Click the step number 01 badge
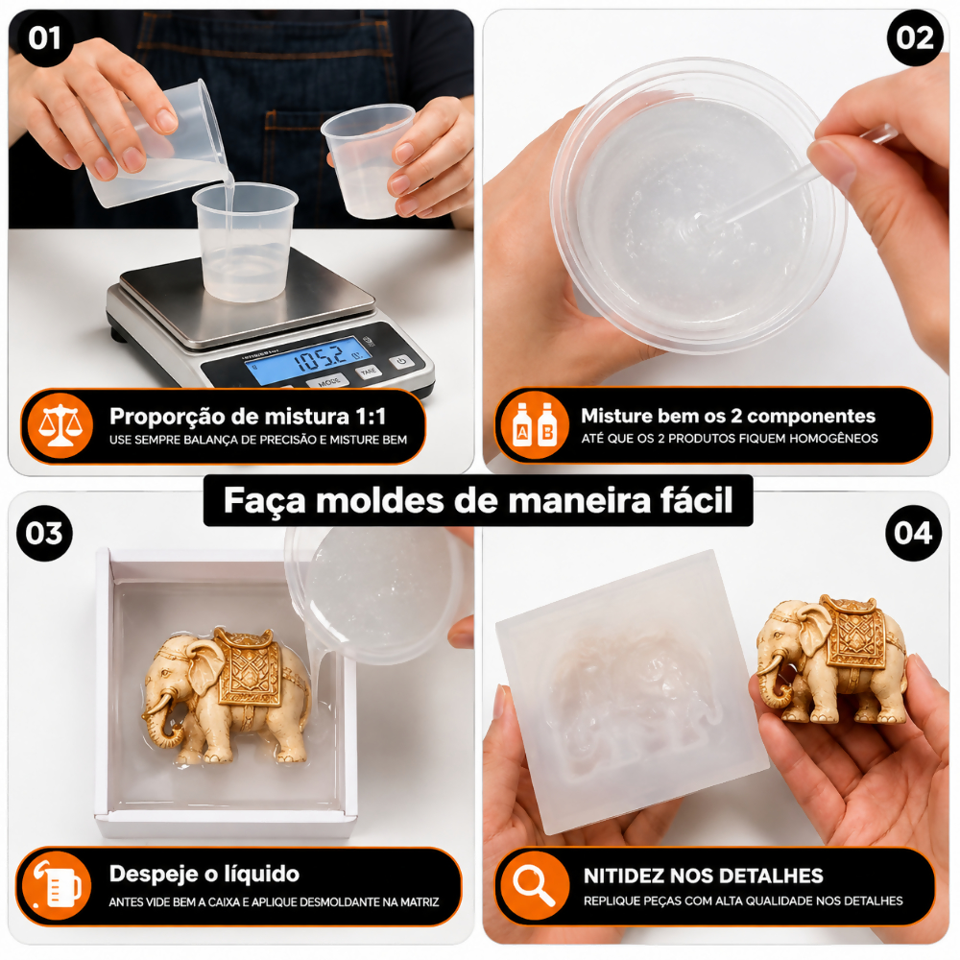(x=45, y=38)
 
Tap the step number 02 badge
(x=915, y=38)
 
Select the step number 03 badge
(x=45, y=533)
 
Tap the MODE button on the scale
(x=328, y=381)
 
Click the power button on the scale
(x=401, y=361)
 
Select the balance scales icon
(x=60, y=425)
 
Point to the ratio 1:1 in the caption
(x=371, y=417)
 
